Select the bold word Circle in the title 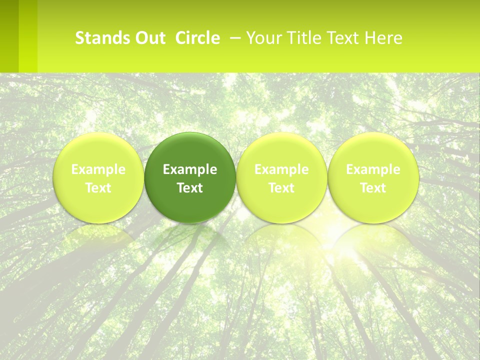197,38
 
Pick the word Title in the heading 301,38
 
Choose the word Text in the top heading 341,38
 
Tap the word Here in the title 383,38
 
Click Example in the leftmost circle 98,169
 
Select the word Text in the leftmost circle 98,188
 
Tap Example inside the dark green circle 190,169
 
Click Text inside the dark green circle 190,188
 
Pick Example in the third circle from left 281,169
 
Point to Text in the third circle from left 281,188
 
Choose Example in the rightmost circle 373,169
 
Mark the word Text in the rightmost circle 373,188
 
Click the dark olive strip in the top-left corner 9,35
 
